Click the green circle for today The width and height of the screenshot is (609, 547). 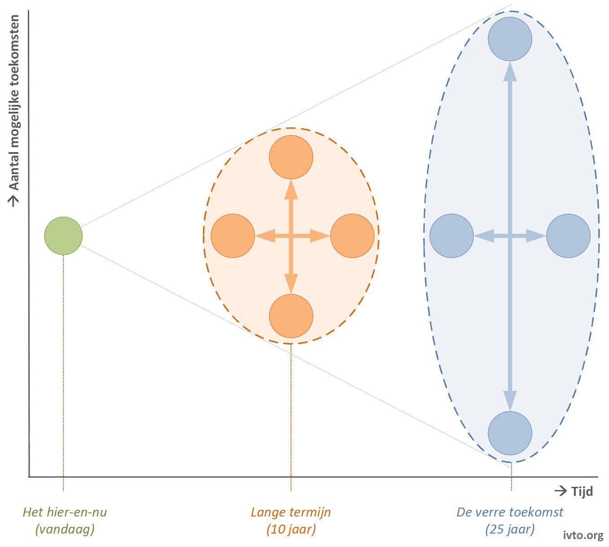pyautogui.click(x=63, y=236)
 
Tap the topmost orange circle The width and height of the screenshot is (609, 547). pyautogui.click(x=291, y=157)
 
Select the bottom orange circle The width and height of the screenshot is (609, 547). pyautogui.click(x=291, y=316)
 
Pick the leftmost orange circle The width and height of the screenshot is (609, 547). pyautogui.click(x=233, y=236)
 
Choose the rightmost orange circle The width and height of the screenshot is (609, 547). pyautogui.click(x=352, y=236)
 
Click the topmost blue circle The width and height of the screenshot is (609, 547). pyautogui.click(x=510, y=39)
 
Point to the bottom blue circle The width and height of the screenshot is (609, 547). pyautogui.click(x=510, y=433)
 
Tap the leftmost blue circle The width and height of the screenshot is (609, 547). pyautogui.click(x=451, y=236)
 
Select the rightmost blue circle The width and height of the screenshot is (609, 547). pyautogui.click(x=568, y=236)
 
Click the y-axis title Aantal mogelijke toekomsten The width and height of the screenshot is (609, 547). pyautogui.click(x=13, y=103)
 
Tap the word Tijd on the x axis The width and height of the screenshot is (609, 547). pyautogui.click(x=582, y=491)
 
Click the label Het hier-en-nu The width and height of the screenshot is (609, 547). pyautogui.click(x=65, y=512)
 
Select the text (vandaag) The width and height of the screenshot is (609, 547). pyautogui.click(x=65, y=529)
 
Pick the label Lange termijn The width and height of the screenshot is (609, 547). pyautogui.click(x=291, y=512)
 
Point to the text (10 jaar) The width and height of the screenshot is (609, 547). pyautogui.click(x=291, y=529)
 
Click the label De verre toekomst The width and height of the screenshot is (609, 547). pyautogui.click(x=510, y=512)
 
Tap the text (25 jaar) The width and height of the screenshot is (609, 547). pyautogui.click(x=510, y=529)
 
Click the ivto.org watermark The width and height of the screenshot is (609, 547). pyautogui.click(x=583, y=535)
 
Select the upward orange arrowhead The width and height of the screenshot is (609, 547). pyautogui.click(x=291, y=189)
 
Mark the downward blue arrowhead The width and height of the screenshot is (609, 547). pyautogui.click(x=510, y=401)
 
